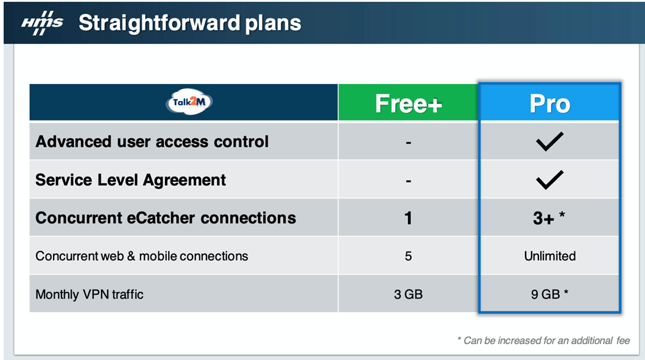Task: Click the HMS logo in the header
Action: click(x=42, y=23)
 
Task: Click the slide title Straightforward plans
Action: click(x=189, y=23)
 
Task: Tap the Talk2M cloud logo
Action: click(x=189, y=102)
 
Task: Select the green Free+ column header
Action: click(x=408, y=102)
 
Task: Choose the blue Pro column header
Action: click(x=549, y=104)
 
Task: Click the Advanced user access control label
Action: click(x=152, y=141)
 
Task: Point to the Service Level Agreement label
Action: click(x=130, y=180)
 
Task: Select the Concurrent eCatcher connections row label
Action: click(x=166, y=217)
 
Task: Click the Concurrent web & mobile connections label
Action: click(x=141, y=256)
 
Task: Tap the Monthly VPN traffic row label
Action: click(x=90, y=294)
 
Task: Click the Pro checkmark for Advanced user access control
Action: click(x=549, y=141)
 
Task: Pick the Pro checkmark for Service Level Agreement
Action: click(x=549, y=179)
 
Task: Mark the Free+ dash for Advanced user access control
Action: click(x=408, y=143)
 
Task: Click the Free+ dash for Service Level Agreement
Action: click(x=408, y=181)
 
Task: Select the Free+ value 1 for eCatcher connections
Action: click(x=408, y=218)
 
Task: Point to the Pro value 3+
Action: click(x=543, y=218)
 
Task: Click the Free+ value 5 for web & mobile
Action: click(x=408, y=256)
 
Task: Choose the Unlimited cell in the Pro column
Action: click(x=549, y=256)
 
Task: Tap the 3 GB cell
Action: click(x=408, y=294)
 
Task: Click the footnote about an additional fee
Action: click(x=543, y=341)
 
